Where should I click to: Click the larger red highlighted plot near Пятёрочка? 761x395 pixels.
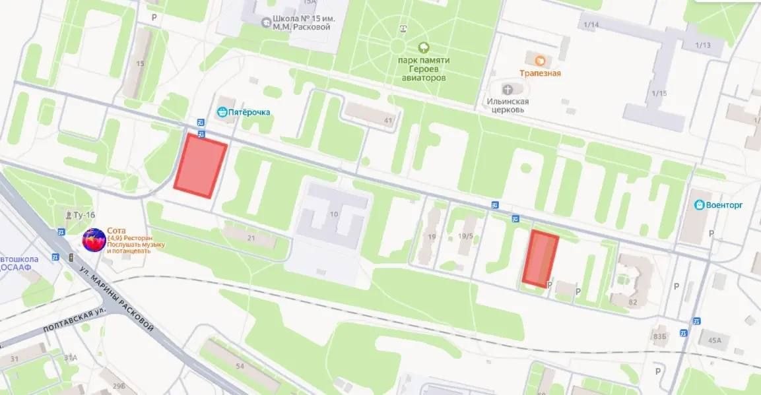(201, 165)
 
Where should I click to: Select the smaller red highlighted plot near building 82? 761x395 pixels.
(540, 258)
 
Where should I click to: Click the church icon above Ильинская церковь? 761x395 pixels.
(507, 89)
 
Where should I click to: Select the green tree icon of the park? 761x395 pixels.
(423, 47)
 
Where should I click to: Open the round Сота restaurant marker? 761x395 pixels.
(94, 240)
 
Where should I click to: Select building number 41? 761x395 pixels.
(388, 121)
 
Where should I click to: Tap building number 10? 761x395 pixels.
(334, 214)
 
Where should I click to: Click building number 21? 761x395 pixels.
(251, 237)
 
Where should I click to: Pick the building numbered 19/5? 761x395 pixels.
(466, 236)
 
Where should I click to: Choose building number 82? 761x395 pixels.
(634, 302)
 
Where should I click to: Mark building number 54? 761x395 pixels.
(240, 366)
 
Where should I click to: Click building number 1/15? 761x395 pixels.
(658, 93)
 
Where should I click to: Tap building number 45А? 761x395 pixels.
(715, 340)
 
